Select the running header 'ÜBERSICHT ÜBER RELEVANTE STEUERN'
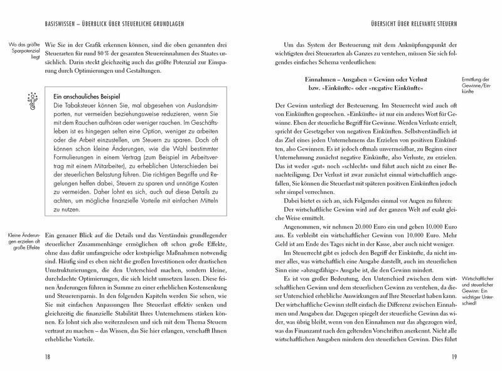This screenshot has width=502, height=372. pyautogui.click(x=433, y=8)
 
